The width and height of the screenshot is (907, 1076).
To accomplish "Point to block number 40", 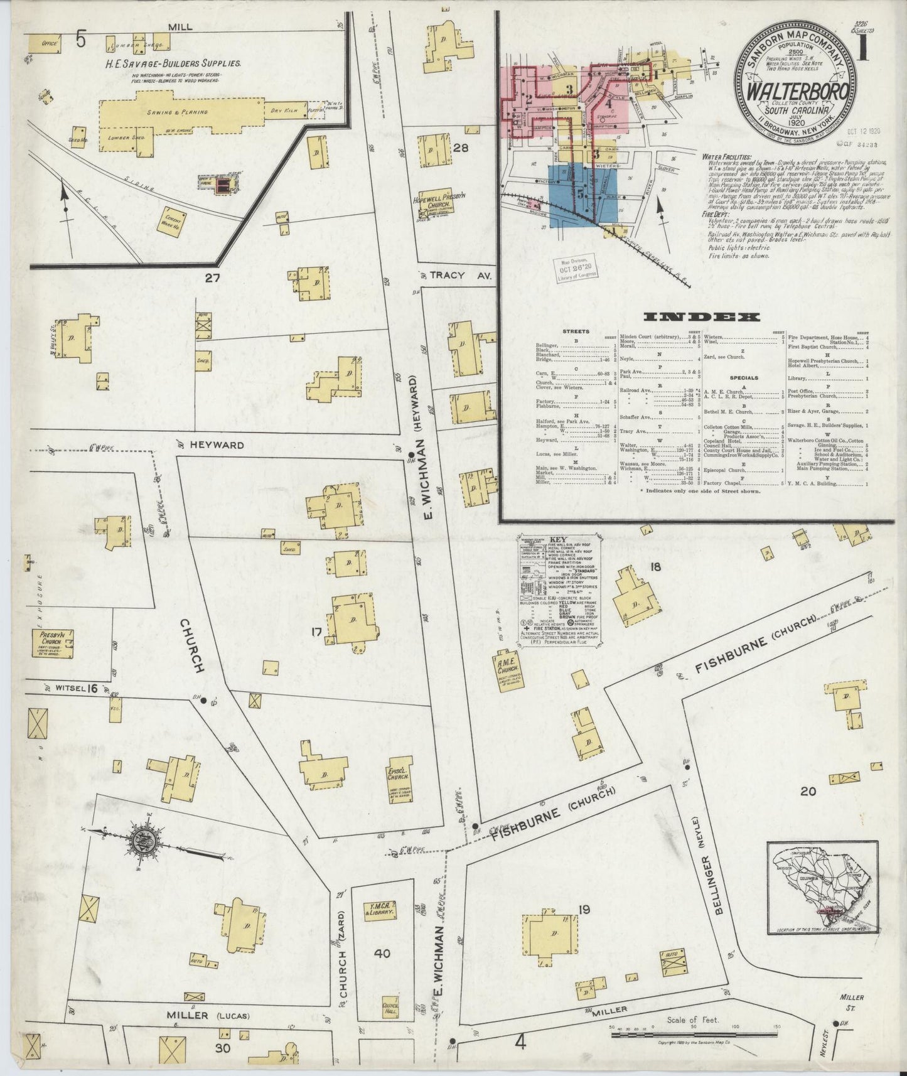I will click(382, 971).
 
